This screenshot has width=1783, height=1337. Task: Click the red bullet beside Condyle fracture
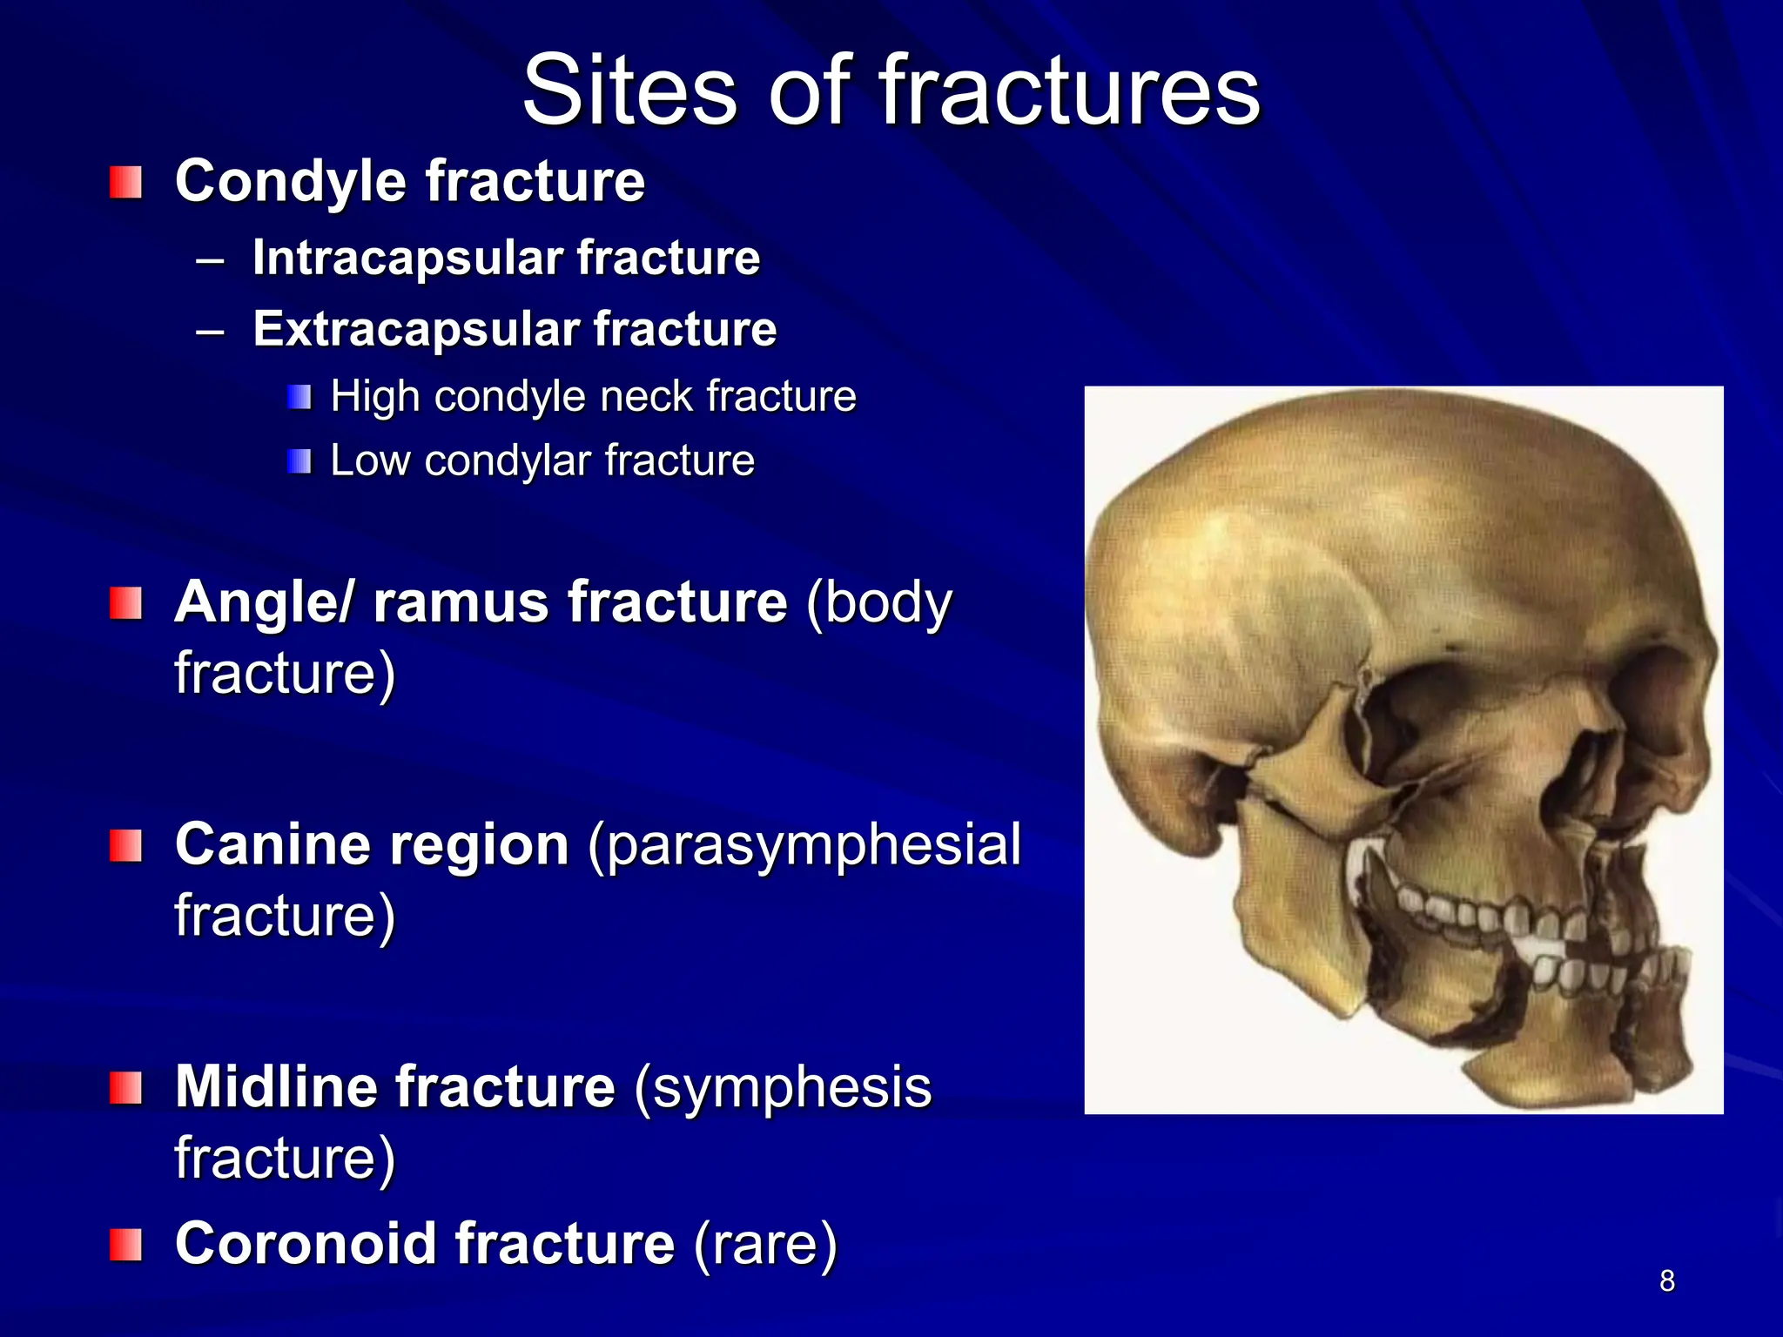[x=126, y=183]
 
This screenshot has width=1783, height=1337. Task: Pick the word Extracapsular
[x=415, y=329]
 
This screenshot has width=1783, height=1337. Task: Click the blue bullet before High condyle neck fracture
[x=299, y=398]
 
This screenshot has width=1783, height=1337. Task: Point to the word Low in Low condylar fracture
[x=369, y=460]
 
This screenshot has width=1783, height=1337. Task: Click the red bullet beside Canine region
[x=126, y=845]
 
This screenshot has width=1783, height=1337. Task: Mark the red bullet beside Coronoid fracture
[x=126, y=1245]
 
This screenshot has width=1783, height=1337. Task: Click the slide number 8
[x=1666, y=1280]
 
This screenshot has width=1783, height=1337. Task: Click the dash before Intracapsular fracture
[x=211, y=259]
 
